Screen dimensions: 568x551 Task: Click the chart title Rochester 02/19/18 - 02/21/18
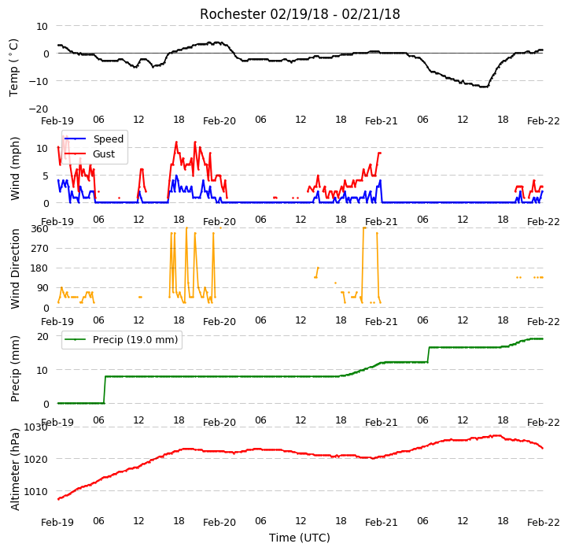click(300, 14)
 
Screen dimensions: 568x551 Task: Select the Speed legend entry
click(94, 139)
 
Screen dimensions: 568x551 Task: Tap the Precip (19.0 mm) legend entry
click(121, 340)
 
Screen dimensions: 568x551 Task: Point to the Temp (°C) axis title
click(13, 68)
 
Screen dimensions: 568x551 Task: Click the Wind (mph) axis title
click(15, 168)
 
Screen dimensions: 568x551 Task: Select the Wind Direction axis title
click(15, 268)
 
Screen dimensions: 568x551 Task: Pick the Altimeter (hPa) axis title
click(15, 469)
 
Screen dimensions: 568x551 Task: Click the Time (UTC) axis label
click(300, 538)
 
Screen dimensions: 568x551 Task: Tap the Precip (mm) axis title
click(15, 368)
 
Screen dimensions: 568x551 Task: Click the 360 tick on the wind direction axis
click(39, 229)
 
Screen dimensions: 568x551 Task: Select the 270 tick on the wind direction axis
click(39, 249)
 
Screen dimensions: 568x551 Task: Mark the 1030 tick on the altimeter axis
click(36, 427)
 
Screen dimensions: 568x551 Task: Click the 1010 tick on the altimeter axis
click(36, 491)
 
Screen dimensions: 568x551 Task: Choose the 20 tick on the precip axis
click(42, 336)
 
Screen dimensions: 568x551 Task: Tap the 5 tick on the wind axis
click(46, 176)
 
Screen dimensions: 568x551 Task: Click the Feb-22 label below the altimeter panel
click(544, 523)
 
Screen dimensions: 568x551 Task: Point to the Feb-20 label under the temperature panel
click(219, 120)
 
